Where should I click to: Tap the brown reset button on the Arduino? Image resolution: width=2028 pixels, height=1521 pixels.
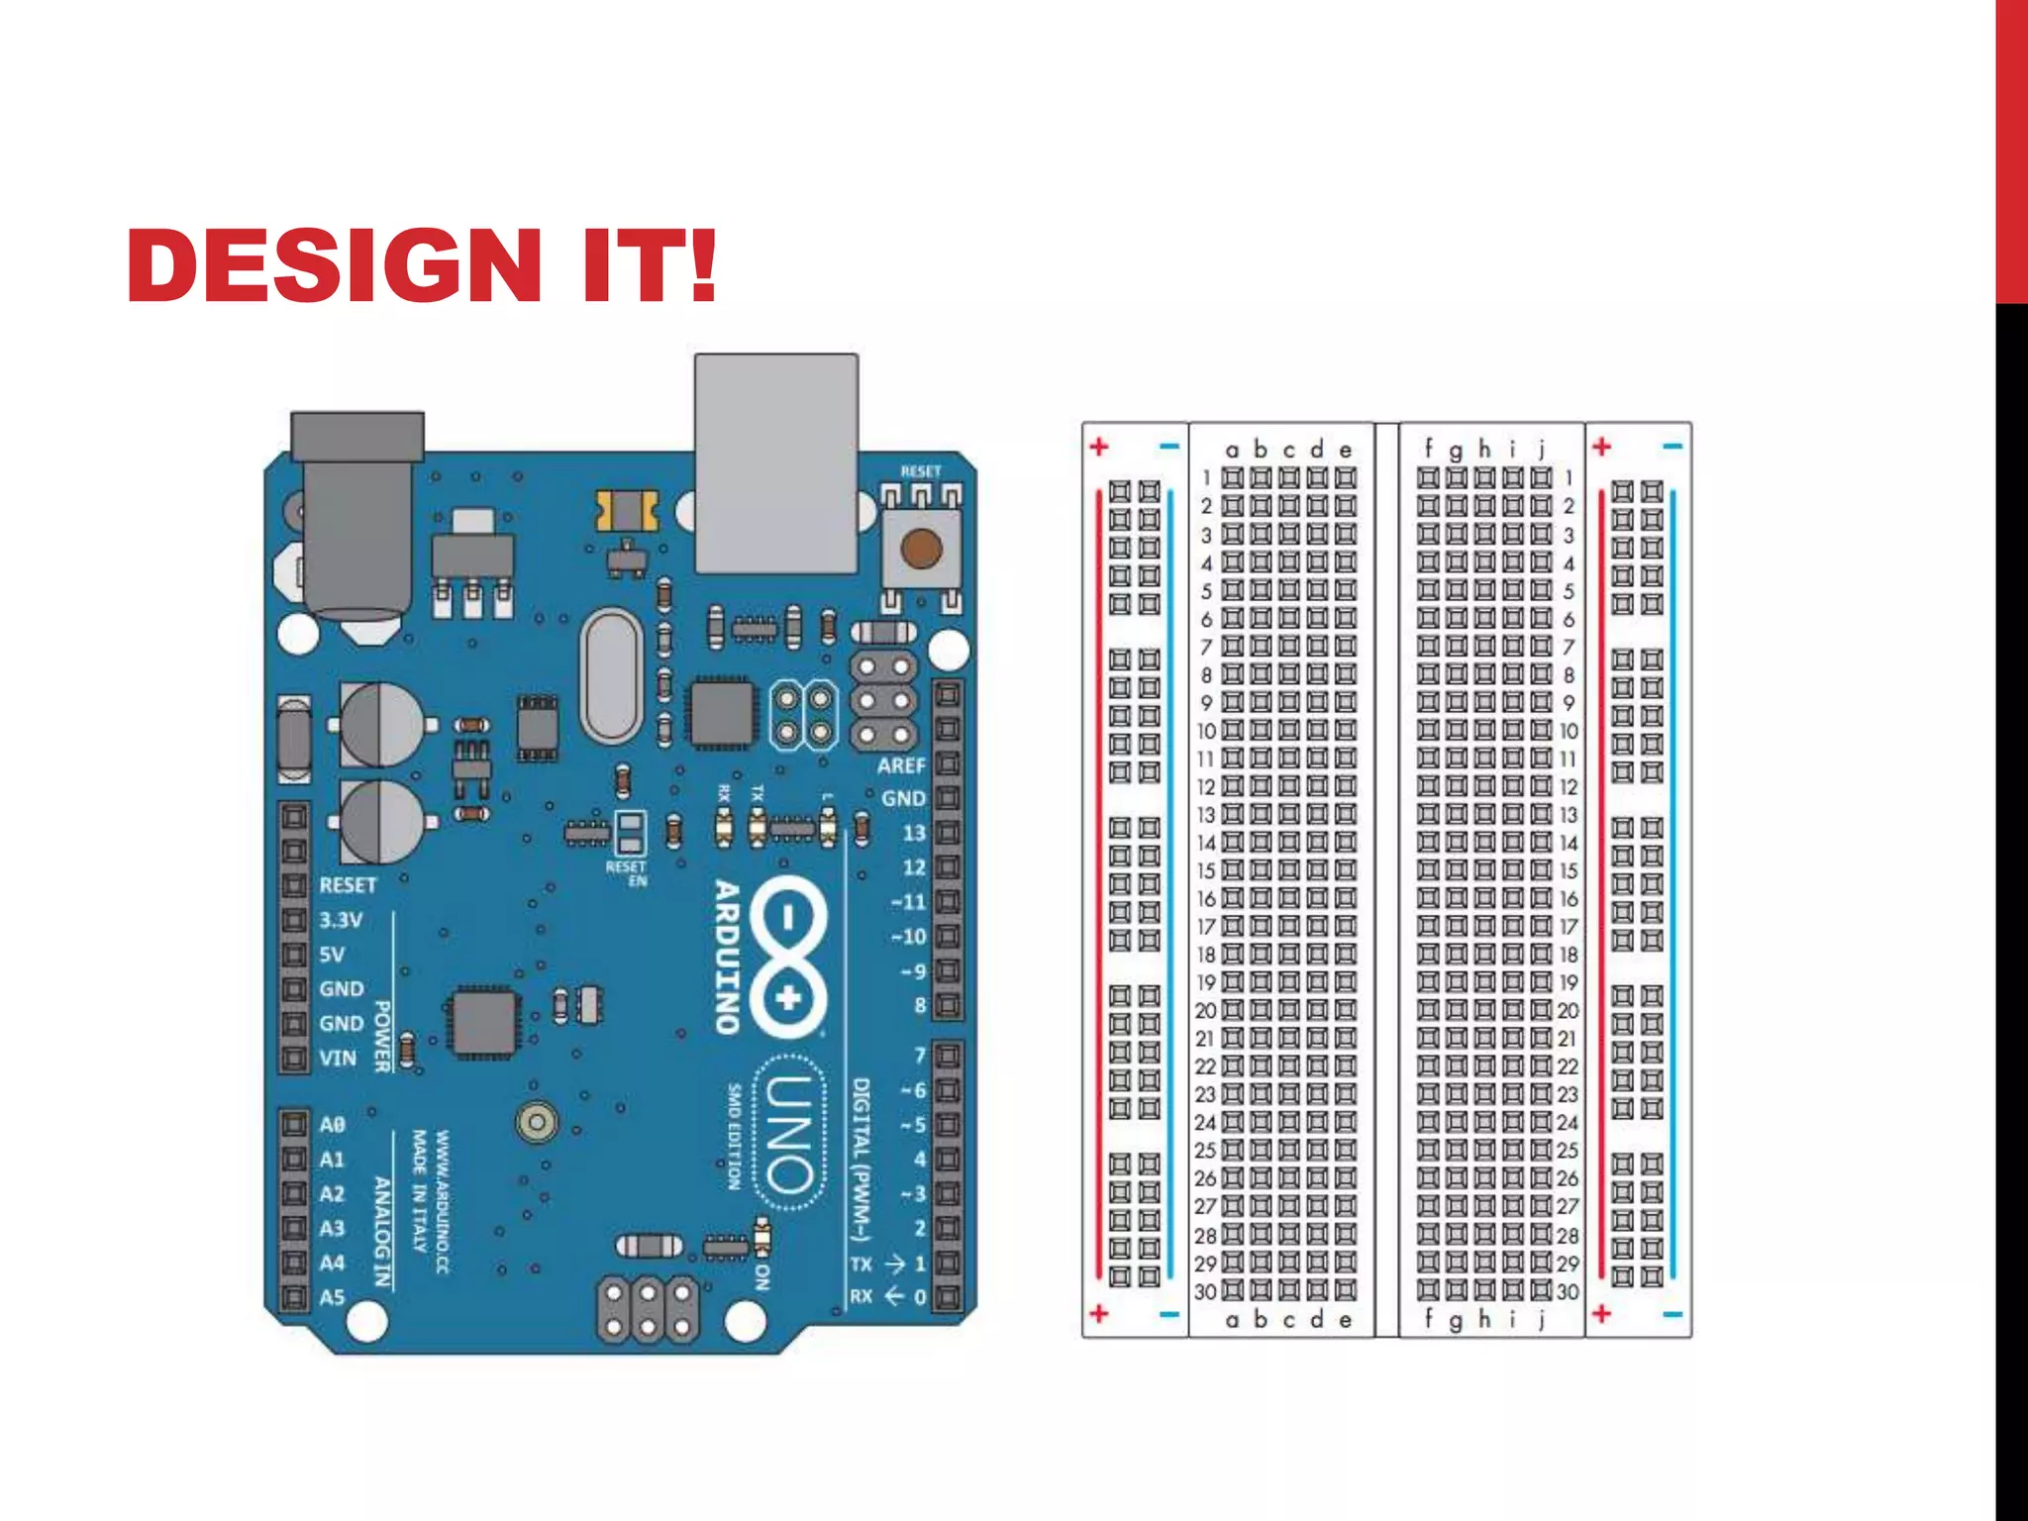tap(921, 548)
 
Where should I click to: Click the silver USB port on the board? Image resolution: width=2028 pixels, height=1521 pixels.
tap(775, 463)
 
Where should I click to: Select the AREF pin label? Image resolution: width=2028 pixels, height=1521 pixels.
tap(900, 765)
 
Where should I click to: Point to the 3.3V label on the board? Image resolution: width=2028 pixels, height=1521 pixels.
tap(341, 920)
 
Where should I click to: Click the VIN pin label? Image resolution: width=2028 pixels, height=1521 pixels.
tap(338, 1058)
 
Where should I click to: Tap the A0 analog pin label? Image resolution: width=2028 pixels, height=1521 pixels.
tap(333, 1125)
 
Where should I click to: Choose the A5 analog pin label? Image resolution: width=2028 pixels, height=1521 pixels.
tap(333, 1297)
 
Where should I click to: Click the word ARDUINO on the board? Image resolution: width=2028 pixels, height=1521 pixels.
tap(728, 957)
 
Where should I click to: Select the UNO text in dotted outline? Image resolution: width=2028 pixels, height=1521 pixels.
tap(789, 1134)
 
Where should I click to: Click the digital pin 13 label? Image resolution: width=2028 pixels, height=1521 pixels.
tap(913, 833)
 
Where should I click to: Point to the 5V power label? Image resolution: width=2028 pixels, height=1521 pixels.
tap(333, 955)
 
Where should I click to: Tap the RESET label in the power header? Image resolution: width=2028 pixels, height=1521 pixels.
tap(348, 885)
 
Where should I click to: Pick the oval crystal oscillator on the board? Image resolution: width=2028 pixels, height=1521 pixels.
tap(611, 676)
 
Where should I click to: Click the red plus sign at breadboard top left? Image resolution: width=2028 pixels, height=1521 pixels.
tap(1099, 447)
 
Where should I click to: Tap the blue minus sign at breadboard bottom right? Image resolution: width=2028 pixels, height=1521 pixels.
tap(1673, 1315)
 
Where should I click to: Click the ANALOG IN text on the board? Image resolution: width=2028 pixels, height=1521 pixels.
tap(382, 1232)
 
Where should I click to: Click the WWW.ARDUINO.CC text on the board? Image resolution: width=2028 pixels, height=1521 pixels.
tap(444, 1202)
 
